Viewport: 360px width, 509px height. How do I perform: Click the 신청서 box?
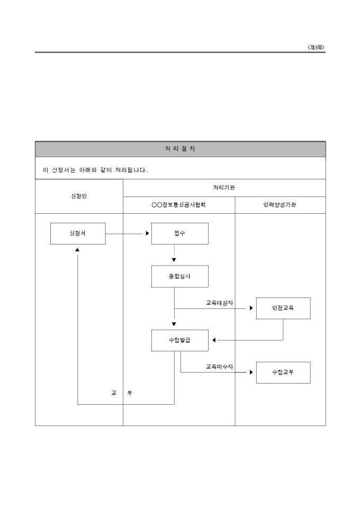pos(78,233)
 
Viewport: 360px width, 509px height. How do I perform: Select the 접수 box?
pos(179,233)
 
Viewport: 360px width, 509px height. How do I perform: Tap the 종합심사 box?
pos(179,276)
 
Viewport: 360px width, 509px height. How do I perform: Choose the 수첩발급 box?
pos(179,340)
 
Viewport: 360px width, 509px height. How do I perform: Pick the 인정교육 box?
pos(283,308)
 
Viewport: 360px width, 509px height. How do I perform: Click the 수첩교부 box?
pos(283,372)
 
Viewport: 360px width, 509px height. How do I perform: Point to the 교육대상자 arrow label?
pos(219,303)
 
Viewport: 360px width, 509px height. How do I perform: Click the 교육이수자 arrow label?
pos(219,367)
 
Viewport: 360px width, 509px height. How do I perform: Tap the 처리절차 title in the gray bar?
pos(180,149)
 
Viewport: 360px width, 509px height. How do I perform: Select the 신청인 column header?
pos(79,196)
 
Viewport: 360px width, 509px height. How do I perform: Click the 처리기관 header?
pos(224,188)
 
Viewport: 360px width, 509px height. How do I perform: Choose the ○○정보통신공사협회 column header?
pos(179,205)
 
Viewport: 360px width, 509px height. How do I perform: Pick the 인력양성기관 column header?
pos(280,205)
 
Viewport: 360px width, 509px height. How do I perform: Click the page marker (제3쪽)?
pos(316,48)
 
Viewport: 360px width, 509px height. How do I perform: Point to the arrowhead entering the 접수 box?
pos(148,233)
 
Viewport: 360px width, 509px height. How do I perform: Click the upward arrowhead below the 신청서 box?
pos(77,250)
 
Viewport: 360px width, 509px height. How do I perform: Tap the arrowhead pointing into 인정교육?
pos(251,308)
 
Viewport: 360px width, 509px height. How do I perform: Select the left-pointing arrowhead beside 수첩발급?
pos(214,340)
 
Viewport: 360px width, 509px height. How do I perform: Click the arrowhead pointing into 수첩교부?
pos(251,372)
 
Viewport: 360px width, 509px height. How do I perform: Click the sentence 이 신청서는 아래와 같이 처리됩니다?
pos(95,170)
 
